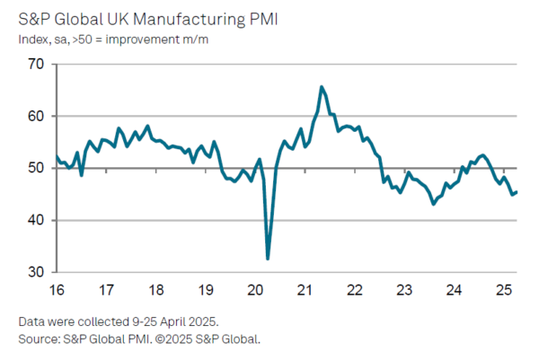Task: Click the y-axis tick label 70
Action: point(36,65)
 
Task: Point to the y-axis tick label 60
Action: point(36,117)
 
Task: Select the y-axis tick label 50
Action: point(36,169)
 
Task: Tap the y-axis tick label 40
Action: point(36,221)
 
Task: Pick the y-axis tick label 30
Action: point(36,272)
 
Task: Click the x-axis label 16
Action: point(57,291)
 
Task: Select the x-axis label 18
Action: point(155,291)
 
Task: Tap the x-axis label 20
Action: point(254,291)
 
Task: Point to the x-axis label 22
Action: point(354,291)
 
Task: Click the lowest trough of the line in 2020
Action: point(268,259)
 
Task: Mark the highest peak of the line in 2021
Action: point(322,87)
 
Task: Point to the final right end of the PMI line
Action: point(517,191)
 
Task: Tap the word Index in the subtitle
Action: point(32,39)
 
